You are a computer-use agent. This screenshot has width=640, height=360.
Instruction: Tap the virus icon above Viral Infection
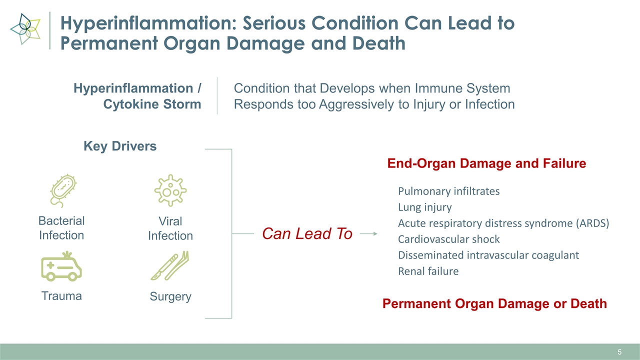[170, 190]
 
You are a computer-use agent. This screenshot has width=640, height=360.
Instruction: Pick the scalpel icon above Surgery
[170, 266]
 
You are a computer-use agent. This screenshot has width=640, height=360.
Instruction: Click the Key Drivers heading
[119, 146]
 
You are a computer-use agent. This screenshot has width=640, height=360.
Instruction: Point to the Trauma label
[61, 296]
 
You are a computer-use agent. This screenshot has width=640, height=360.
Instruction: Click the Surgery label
[170, 296]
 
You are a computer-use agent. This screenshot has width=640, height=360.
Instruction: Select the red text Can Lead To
[307, 233]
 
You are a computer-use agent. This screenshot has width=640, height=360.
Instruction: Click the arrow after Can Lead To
[368, 233]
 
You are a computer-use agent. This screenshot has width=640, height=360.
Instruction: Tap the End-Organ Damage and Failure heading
[486, 163]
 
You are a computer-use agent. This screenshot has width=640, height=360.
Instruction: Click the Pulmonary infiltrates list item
[448, 191]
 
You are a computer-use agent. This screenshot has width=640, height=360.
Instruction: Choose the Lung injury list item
[424, 207]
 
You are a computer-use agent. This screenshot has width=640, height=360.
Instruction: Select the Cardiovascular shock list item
[448, 239]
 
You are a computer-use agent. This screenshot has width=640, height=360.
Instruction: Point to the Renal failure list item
[428, 271]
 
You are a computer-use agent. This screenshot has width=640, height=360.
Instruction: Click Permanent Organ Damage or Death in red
[494, 303]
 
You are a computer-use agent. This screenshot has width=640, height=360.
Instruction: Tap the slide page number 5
[619, 352]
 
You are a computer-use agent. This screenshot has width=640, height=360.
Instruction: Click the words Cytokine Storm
[152, 104]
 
